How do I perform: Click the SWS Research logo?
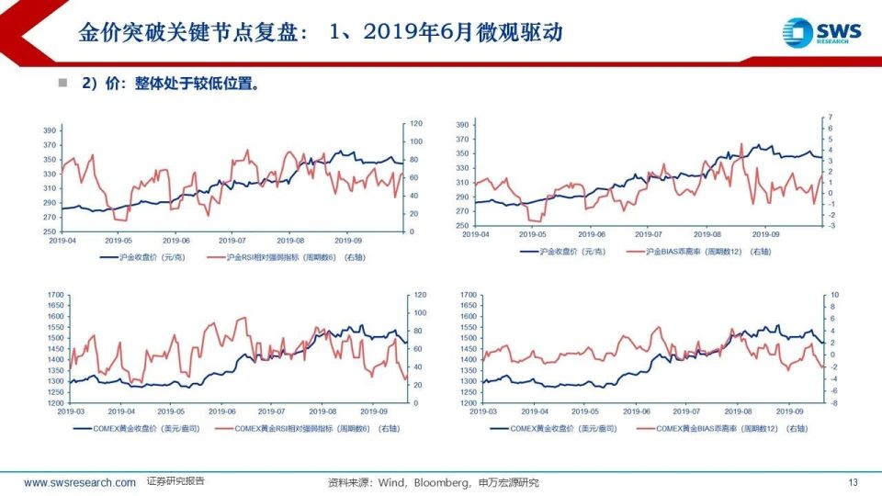click(822, 32)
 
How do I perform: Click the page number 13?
click(853, 482)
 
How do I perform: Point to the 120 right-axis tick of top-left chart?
click(415, 123)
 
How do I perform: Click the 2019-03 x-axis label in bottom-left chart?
click(67, 411)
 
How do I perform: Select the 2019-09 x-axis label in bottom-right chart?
click(792, 411)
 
